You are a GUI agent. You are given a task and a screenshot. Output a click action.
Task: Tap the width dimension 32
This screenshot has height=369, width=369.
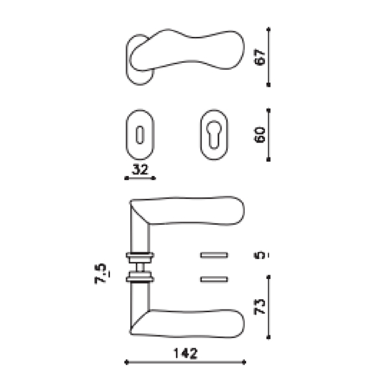point(140,170)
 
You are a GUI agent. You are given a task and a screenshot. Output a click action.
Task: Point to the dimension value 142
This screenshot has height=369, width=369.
point(185,353)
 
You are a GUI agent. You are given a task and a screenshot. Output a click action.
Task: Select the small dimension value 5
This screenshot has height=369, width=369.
point(260,255)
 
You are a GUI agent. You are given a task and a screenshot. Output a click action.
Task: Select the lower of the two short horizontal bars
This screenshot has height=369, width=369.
point(216,279)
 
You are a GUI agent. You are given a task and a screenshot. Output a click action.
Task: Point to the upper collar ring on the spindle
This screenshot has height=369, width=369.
point(140,254)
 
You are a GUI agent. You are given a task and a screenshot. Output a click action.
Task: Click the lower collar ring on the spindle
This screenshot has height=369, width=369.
point(140,278)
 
